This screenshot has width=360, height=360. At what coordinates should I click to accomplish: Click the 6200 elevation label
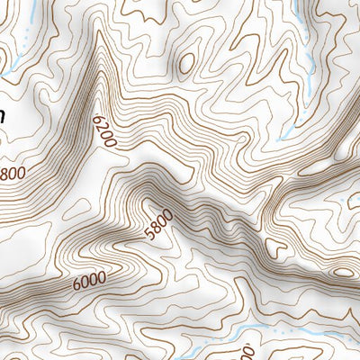point(105,130)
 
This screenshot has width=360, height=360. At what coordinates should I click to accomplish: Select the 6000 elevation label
point(89,281)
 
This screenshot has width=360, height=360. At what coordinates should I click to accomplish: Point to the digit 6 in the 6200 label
point(100,117)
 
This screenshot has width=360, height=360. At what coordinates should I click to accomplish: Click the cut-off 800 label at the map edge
point(13,172)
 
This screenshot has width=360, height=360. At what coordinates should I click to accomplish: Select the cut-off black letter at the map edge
point(3,115)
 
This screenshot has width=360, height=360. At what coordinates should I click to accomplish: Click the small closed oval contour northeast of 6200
point(186,63)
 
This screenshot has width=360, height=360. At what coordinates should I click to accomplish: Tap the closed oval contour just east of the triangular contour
point(343,272)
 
